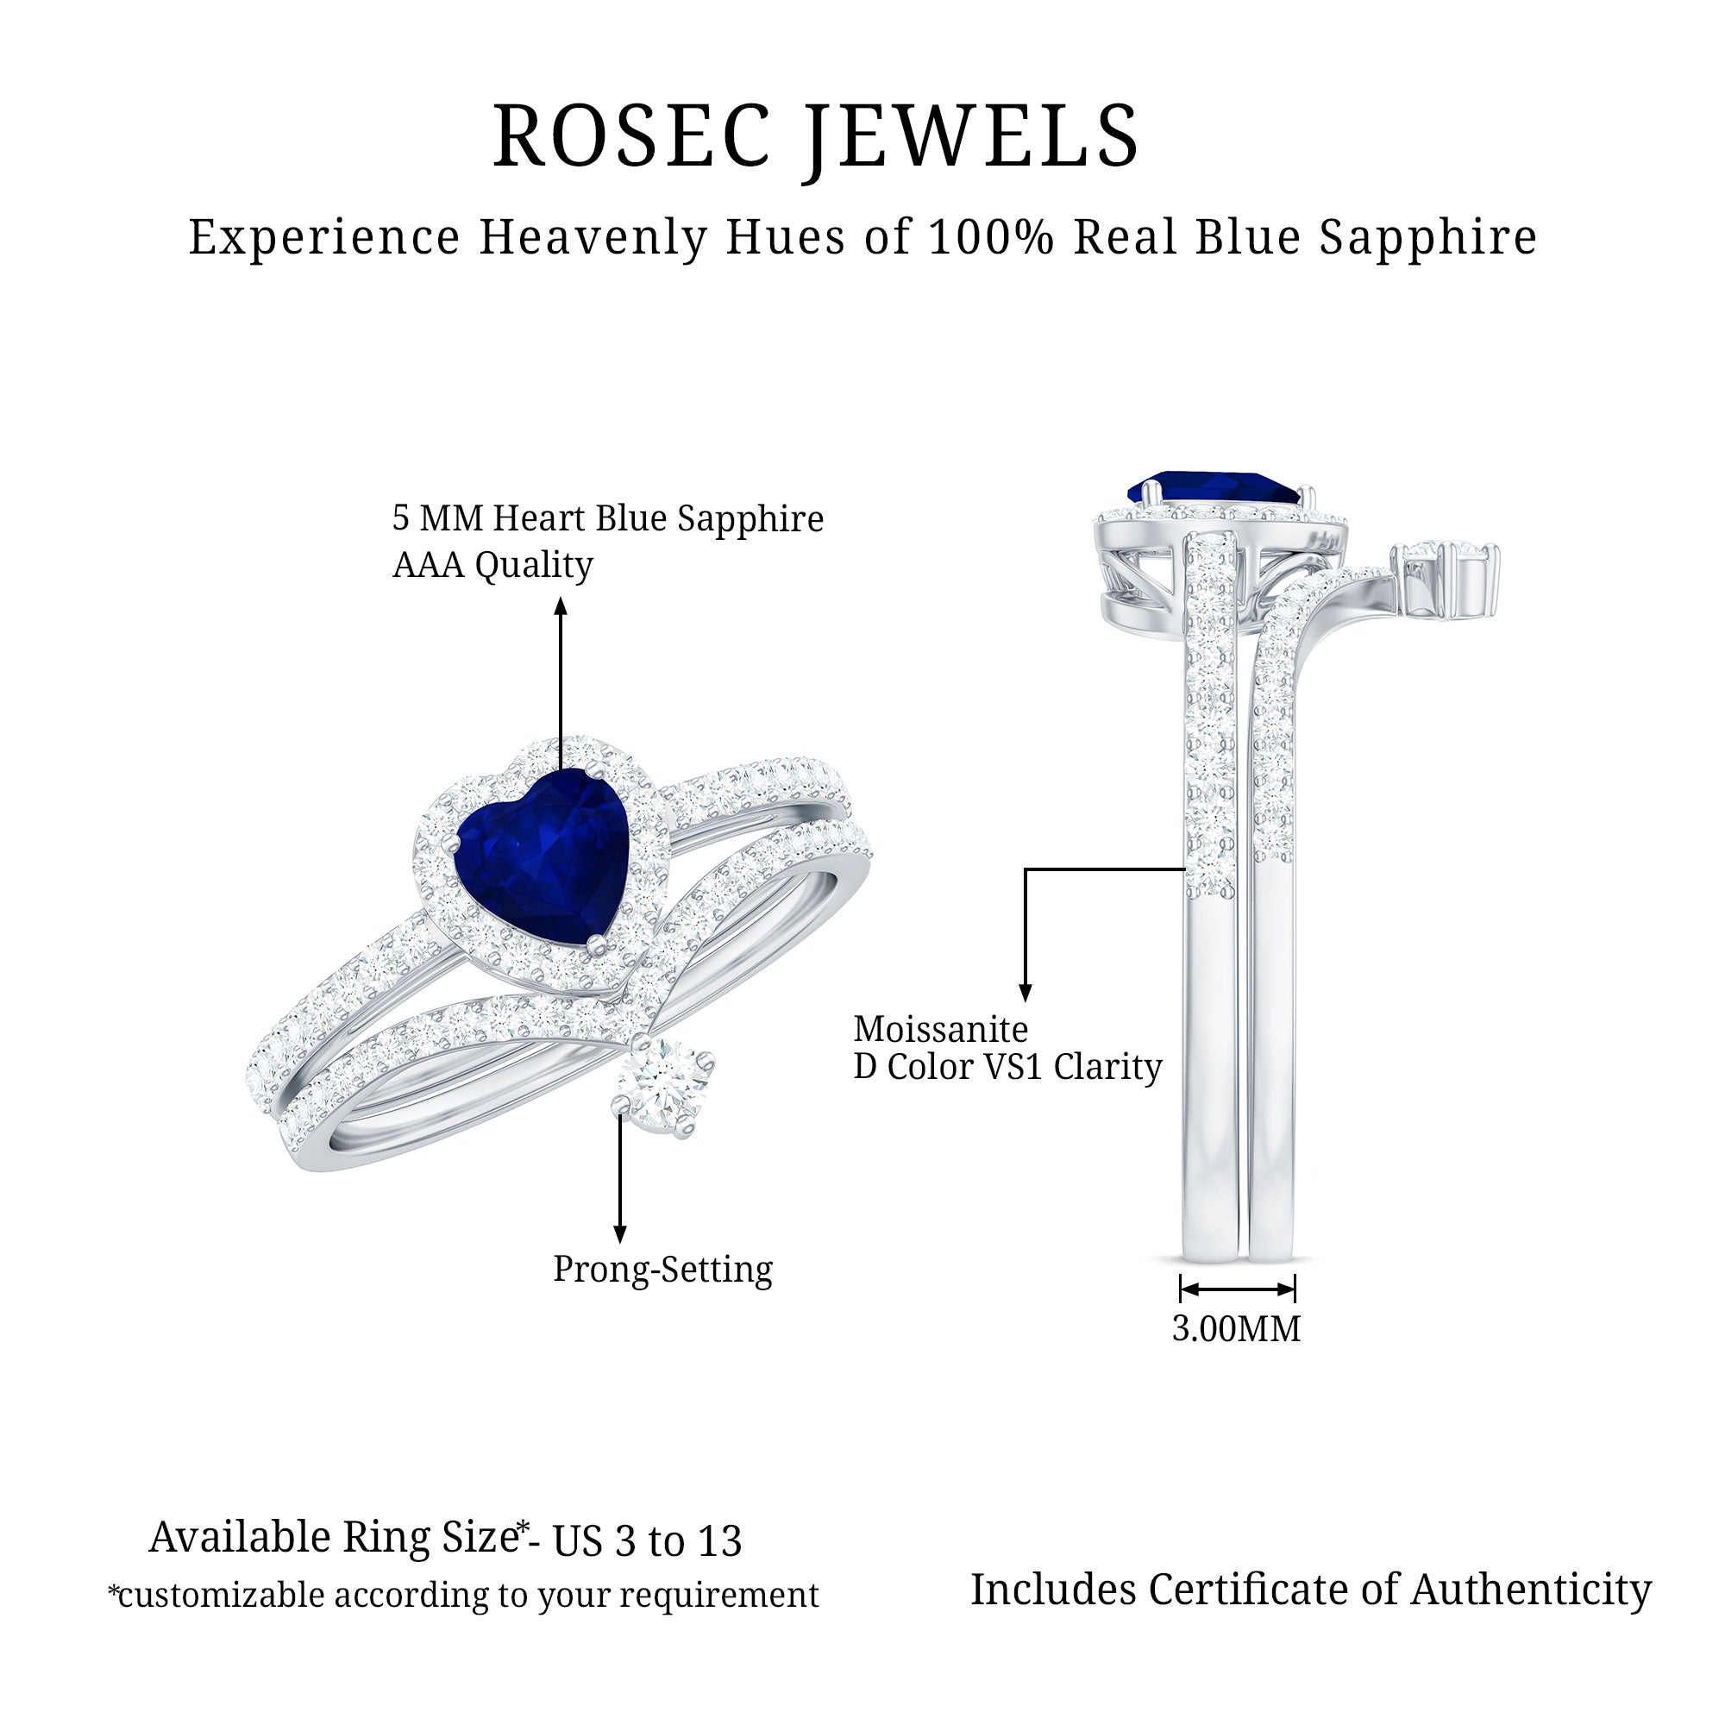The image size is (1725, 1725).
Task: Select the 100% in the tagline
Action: tap(991, 237)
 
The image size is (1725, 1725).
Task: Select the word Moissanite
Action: tap(941, 1030)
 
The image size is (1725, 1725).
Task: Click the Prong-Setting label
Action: tap(662, 1270)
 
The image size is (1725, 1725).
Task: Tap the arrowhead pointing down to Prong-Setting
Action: tap(619, 1233)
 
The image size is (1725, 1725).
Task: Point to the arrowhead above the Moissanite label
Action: tap(1025, 993)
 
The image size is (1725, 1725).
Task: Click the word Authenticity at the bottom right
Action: tap(1531, 1590)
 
